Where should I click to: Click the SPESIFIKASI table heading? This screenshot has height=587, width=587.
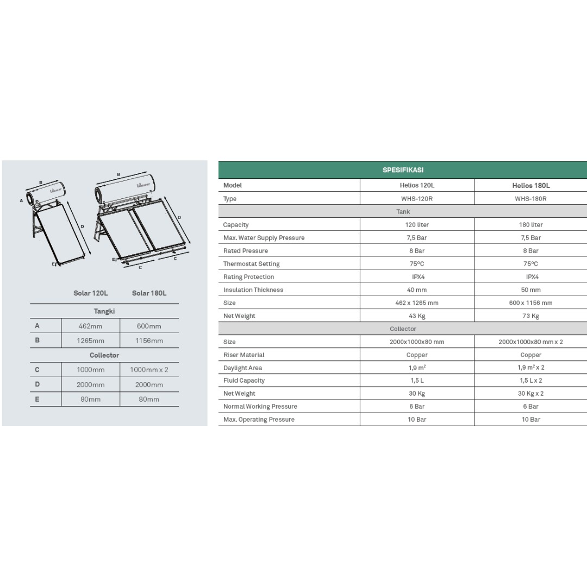403,170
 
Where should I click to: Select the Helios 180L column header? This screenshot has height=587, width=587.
530,185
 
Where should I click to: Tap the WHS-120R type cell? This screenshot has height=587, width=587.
417,199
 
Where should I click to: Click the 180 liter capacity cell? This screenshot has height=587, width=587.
530,224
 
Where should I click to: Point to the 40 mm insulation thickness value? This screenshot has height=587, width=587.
417,290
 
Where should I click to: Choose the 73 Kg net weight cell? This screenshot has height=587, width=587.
530,316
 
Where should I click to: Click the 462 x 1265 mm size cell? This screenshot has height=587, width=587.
417,303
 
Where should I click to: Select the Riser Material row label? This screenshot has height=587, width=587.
243,355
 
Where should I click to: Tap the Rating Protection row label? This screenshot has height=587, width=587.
248,277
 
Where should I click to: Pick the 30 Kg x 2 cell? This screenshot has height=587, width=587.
530,394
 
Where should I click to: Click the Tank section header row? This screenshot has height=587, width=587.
403,212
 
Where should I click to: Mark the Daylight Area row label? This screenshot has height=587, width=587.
242,368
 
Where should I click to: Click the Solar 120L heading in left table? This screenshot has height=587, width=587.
90,293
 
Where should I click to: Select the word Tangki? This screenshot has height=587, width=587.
104,311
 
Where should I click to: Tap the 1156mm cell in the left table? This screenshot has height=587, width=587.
149,341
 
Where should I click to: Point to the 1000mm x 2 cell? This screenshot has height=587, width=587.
149,370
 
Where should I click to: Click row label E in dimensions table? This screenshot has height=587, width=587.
37,398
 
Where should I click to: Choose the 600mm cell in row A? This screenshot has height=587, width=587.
149,326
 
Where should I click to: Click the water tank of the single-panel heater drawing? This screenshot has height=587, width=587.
52,190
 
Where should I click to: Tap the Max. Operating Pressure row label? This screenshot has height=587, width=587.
259,420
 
